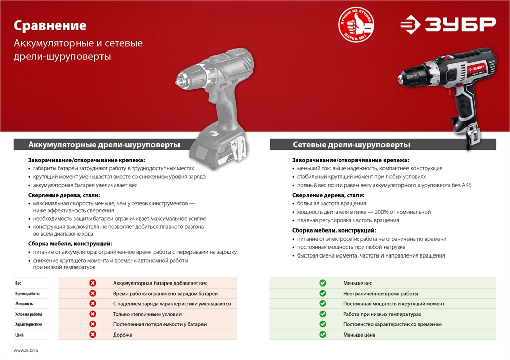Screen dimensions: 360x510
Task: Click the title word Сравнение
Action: click(50, 25)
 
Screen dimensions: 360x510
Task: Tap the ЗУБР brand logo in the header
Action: click(447, 24)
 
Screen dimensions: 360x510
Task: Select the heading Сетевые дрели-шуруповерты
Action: click(351, 145)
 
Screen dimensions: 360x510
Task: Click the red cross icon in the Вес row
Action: click(93, 283)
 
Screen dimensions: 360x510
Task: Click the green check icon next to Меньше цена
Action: click(323, 335)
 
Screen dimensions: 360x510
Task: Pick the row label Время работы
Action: click(28, 294)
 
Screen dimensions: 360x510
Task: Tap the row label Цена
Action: click(19, 335)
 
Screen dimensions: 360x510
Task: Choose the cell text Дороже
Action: click(122, 335)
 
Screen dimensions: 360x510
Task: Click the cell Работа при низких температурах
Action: click(382, 314)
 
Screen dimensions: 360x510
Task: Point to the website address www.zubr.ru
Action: click(26, 351)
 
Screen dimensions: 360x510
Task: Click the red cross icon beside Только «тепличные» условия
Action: click(93, 314)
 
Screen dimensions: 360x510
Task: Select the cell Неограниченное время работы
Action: click(380, 294)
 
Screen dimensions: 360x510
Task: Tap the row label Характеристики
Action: click(29, 324)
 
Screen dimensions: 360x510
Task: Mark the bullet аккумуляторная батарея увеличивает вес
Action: click(85, 186)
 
